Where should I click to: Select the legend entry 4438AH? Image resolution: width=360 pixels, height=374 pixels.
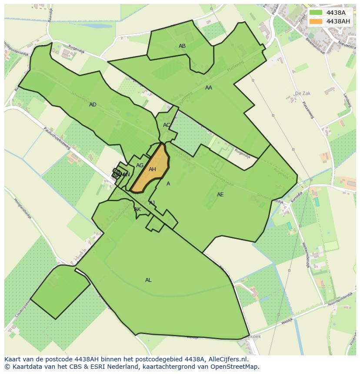coord(337,21)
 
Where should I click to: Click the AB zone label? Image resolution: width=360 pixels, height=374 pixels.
coord(182,46)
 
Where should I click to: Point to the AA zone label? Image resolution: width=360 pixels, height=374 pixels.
coord(209,88)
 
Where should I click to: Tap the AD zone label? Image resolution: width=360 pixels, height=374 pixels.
coord(93,105)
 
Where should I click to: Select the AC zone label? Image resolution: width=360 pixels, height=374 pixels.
coord(167,125)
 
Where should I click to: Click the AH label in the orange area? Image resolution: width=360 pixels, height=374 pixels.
coord(152,169)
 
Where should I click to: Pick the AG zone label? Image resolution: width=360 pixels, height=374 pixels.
coord(140,165)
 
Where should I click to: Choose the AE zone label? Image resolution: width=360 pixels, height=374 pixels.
coord(220,195)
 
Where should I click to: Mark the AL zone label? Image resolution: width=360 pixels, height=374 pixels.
coord(148,280)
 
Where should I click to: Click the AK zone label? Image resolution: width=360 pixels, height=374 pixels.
coord(137,209)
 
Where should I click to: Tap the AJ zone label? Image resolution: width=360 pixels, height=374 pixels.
coord(152,202)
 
